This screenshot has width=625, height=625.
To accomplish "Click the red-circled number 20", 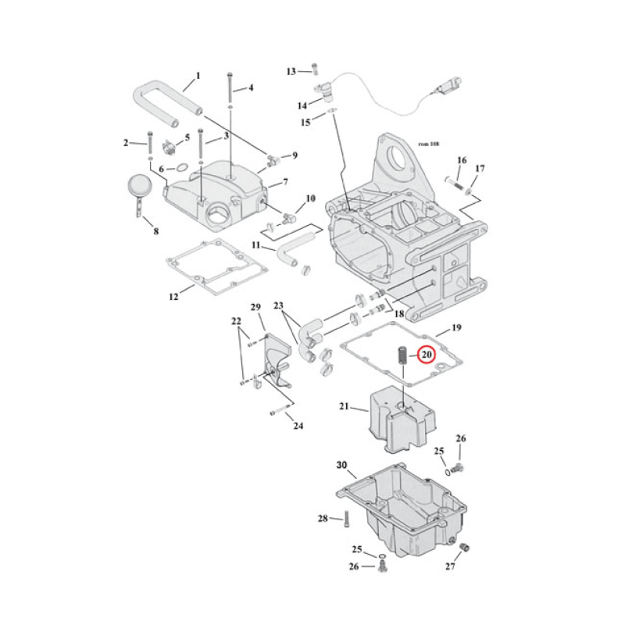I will (426, 354).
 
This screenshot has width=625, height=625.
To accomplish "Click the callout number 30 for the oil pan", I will (341, 466).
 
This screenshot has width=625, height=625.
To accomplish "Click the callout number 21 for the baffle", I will (345, 406).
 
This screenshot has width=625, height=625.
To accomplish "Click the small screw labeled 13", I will (314, 70).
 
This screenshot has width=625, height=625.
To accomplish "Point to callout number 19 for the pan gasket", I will (458, 328).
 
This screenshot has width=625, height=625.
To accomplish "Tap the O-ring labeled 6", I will (179, 167).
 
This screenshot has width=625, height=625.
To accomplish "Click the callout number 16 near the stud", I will (462, 161).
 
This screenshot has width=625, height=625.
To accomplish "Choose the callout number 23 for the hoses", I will (279, 305).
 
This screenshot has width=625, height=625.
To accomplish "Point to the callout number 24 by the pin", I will (298, 426).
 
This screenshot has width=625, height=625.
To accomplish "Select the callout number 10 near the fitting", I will (310, 198).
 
